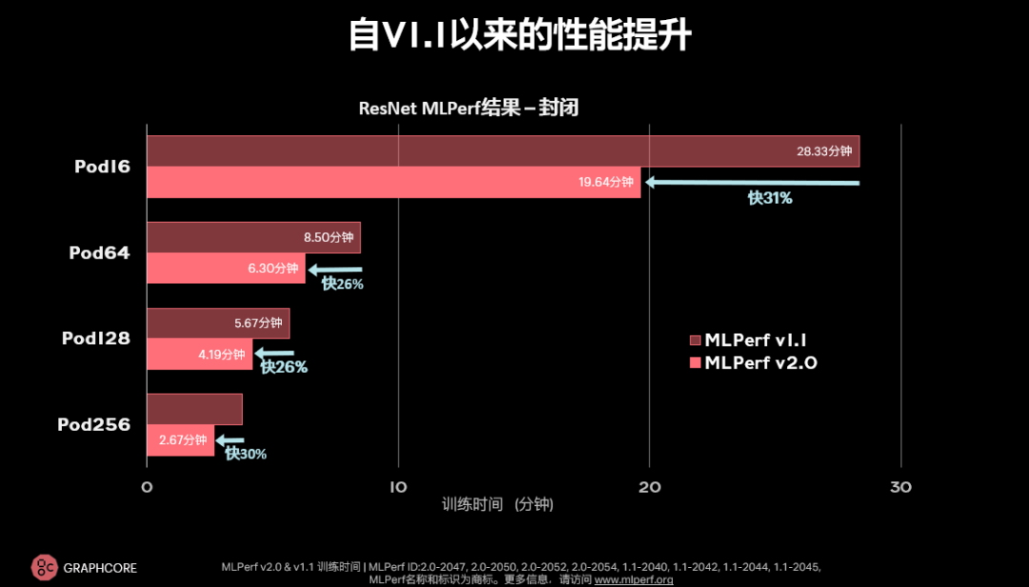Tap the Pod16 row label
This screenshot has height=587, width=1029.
point(102,167)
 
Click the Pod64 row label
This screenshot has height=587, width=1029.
point(99,253)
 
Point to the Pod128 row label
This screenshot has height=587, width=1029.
point(95,338)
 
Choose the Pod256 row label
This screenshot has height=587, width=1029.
point(93,425)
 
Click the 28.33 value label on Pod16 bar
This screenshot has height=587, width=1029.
point(824,152)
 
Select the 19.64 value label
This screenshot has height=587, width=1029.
point(606,182)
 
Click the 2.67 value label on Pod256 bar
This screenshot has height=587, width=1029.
point(183,440)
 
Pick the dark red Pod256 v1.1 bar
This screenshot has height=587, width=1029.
point(194,410)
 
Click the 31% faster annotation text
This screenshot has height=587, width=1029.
point(770,198)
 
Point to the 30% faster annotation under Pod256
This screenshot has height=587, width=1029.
point(246,455)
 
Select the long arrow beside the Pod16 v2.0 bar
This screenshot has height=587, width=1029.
point(753,182)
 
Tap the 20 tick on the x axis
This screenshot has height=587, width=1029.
point(649,488)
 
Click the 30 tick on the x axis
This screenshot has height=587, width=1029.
point(900,488)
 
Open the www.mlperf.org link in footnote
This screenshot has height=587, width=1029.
point(634,579)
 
